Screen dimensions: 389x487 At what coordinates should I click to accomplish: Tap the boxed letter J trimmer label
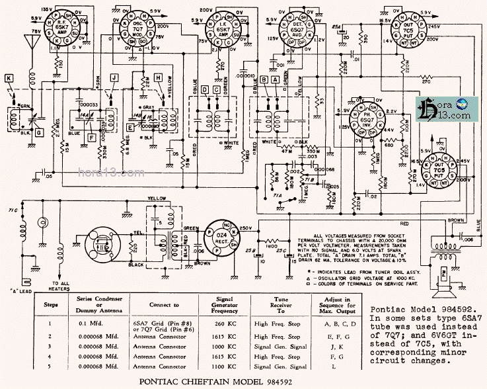114,77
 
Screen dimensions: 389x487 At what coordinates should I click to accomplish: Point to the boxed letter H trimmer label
158,77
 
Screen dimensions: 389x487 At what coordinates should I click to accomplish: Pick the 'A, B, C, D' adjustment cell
338,324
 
